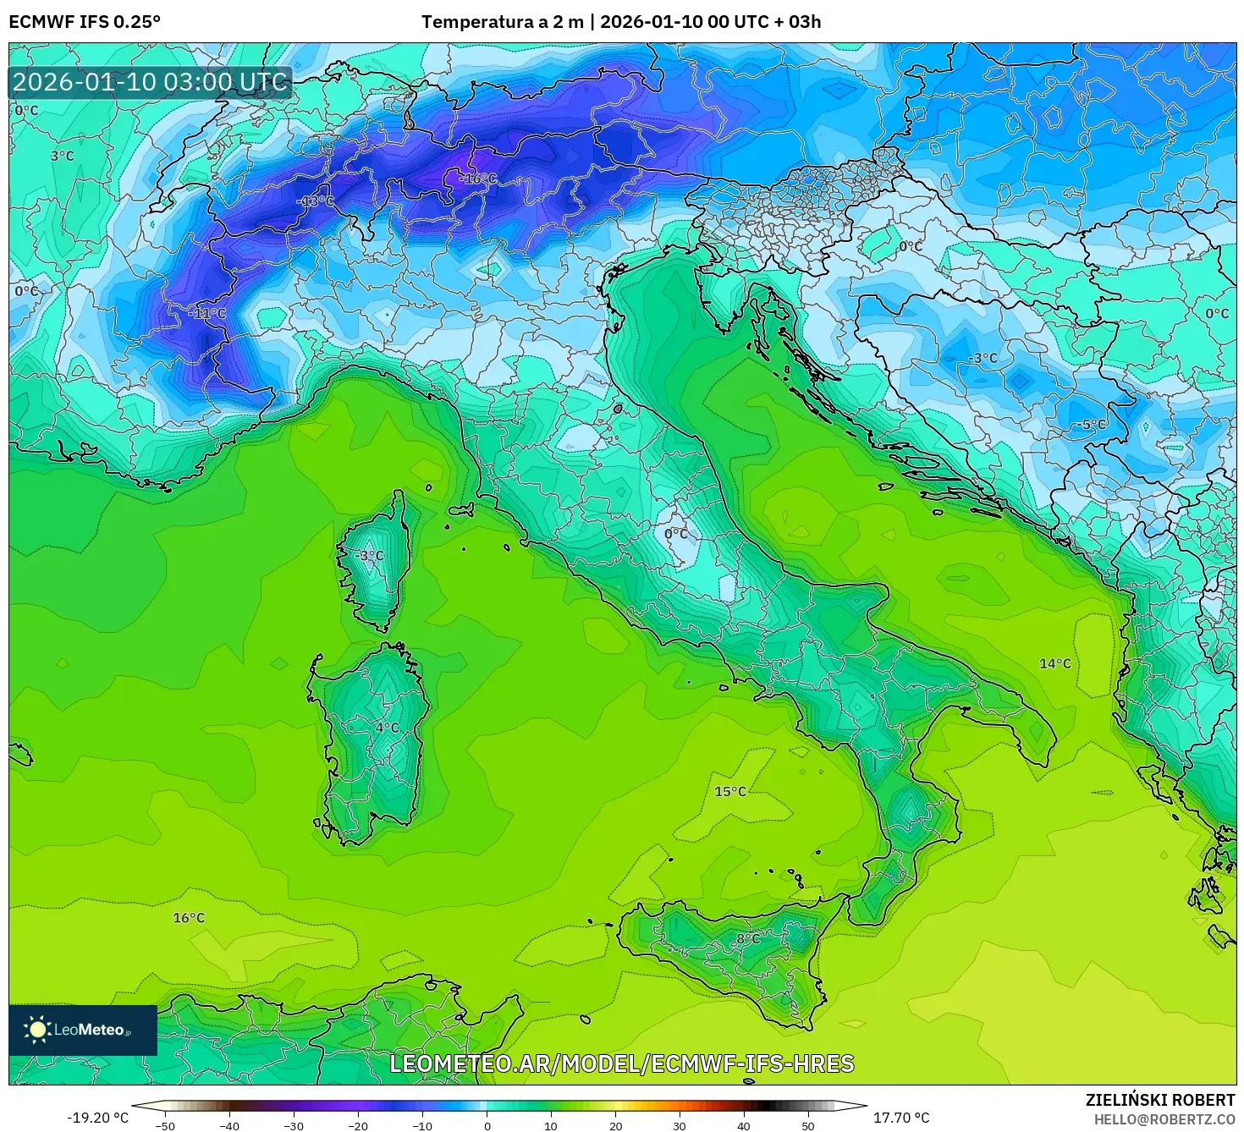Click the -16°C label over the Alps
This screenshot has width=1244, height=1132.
(479, 179)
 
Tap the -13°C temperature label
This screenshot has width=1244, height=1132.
(317, 201)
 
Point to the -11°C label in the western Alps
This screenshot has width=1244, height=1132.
(207, 313)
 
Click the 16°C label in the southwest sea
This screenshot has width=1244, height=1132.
(189, 918)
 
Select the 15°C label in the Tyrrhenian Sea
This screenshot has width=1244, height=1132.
(730, 792)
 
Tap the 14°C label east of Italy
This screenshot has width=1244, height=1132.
(1055, 663)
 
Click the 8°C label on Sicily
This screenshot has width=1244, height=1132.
(747, 939)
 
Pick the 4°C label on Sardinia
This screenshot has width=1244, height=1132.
(387, 728)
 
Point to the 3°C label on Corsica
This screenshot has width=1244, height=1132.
(371, 556)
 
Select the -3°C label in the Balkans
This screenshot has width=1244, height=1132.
(983, 358)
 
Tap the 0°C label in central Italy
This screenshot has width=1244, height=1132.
(676, 534)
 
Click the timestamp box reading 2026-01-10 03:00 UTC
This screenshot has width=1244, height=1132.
(150, 82)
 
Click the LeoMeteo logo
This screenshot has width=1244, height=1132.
(83, 1030)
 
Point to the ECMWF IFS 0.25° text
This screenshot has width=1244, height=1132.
(84, 22)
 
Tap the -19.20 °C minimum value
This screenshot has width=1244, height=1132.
(98, 1118)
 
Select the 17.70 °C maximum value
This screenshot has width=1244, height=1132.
(900, 1118)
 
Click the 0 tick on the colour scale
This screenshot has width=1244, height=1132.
(487, 1126)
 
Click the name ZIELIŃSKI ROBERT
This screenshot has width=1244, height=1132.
(1160, 1100)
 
